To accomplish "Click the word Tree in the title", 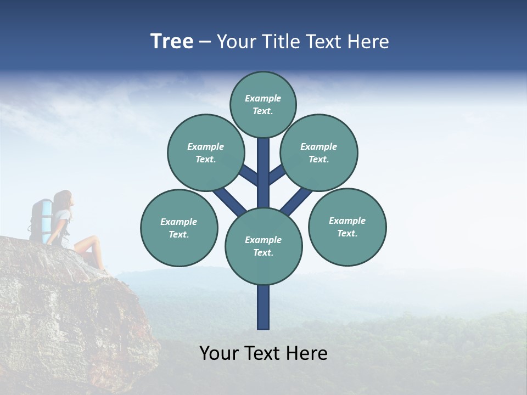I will click(172, 41).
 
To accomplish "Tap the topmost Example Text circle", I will click(263, 104).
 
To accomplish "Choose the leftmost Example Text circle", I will click(179, 228).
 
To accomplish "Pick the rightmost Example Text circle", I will click(347, 227).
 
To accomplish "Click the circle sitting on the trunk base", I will click(263, 246).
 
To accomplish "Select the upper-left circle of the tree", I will click(205, 153).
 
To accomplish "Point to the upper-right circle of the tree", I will click(319, 153).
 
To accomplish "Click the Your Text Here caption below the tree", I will click(263, 353).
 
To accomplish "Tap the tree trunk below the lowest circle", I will click(263, 307).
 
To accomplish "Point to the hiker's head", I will click(63, 199).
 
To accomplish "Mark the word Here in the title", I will click(368, 41).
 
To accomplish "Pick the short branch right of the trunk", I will click(277, 174).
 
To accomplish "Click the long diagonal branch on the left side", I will click(229, 200).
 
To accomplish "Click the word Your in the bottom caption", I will click(220, 353).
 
